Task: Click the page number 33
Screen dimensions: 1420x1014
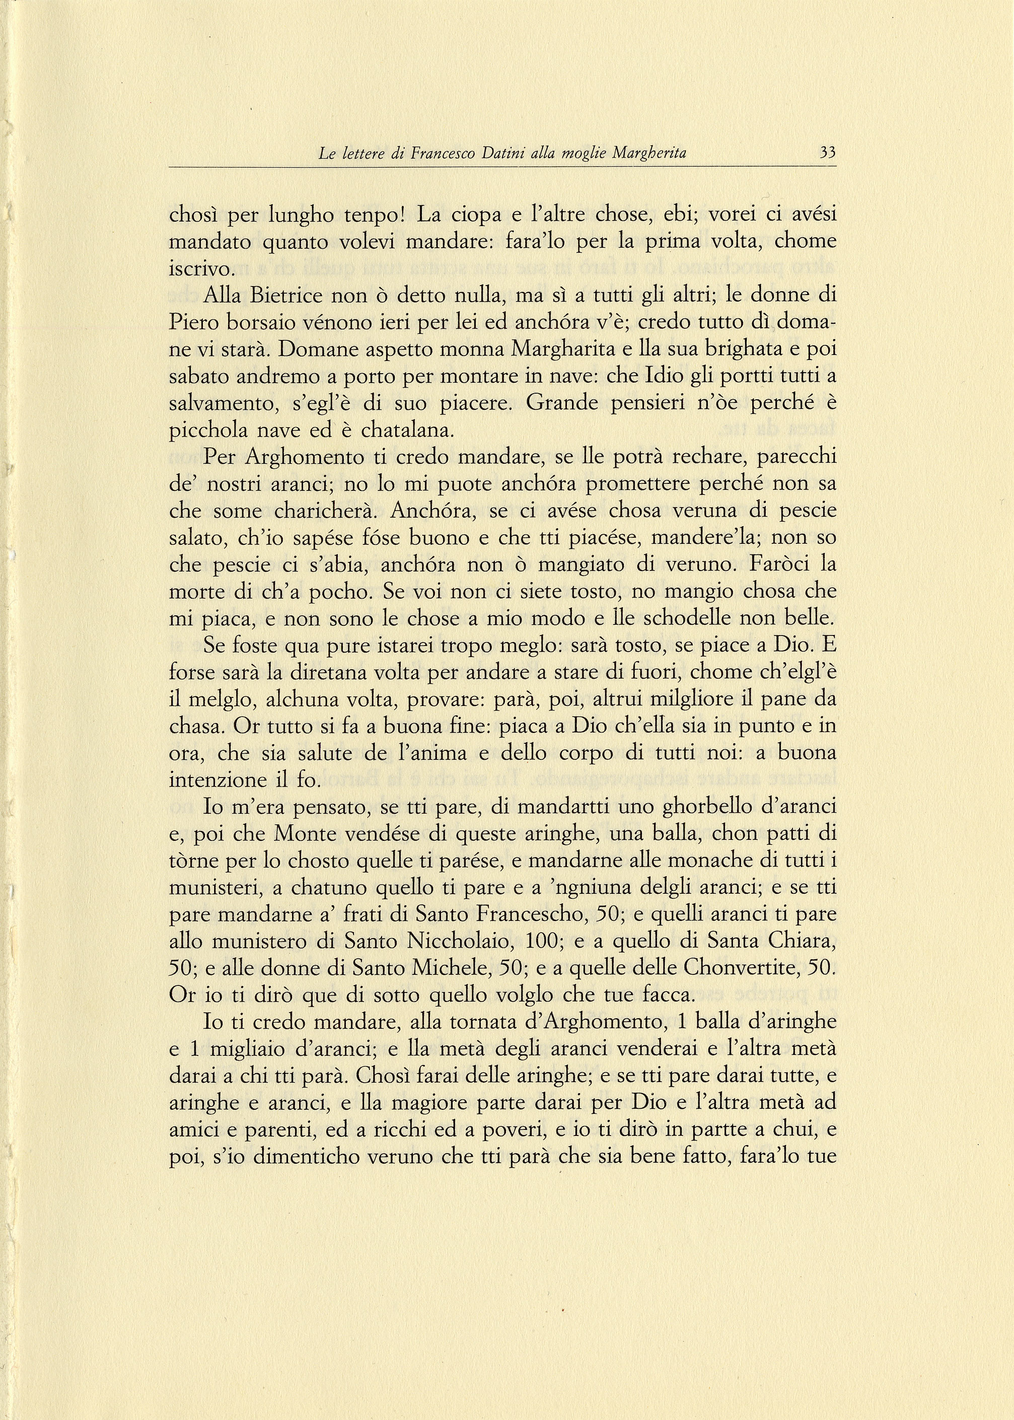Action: pos(827,153)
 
